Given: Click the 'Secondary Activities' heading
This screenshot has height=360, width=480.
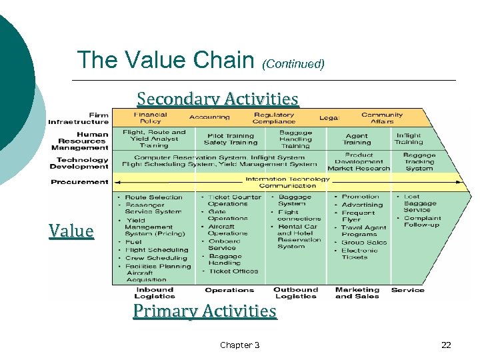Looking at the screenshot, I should (217, 99).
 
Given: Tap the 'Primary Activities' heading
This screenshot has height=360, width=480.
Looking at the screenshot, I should (204, 311).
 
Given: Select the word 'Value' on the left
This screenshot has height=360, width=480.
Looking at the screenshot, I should (71, 231).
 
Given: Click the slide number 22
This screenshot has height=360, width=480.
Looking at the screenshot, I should (446, 345).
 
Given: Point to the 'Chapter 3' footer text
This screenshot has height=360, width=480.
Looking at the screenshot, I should (240, 345).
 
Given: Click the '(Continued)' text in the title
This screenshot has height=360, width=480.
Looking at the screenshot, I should (293, 64).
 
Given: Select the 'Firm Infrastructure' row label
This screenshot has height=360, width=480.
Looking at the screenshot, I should (79, 119).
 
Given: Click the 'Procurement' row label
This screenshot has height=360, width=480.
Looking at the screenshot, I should (79, 182).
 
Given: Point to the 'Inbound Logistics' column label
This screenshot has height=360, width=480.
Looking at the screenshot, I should (154, 293).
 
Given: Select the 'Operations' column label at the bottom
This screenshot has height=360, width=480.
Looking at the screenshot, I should (229, 290).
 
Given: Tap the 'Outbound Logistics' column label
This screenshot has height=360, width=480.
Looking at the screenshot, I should (295, 293).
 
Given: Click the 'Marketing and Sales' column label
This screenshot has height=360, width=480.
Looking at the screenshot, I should (357, 293).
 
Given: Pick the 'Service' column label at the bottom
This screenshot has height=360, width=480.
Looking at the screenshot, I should (408, 290).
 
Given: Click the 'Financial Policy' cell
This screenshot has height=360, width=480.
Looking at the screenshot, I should (150, 118).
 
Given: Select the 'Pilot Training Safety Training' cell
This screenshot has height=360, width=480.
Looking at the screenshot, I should (230, 139).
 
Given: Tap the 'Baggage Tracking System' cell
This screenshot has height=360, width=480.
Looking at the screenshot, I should (419, 162).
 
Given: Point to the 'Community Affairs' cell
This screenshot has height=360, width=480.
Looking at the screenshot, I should (382, 118).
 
